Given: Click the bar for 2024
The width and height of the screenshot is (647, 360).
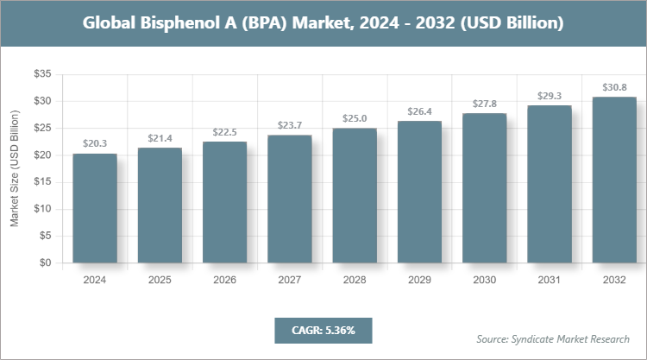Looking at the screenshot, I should tap(94, 208).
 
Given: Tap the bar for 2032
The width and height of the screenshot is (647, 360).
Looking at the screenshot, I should tap(614, 180).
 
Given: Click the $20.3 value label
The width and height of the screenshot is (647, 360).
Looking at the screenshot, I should tap(94, 144).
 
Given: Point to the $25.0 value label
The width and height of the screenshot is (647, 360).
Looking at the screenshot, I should tap(355, 118).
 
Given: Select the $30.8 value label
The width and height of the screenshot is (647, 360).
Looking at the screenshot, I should tap(614, 87).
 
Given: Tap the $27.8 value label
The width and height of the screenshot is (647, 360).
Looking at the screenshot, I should tap(484, 104).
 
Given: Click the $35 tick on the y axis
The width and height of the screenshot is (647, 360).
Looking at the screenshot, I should tap(41, 75).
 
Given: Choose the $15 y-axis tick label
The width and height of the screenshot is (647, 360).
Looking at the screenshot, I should tap(41, 182).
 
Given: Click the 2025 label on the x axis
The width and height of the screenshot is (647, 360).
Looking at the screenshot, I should tap(160, 280).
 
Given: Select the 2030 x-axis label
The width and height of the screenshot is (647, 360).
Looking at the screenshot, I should tap(484, 280).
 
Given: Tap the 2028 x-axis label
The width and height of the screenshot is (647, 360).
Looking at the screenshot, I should tap(355, 280).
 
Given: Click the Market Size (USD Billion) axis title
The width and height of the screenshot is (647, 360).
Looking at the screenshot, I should tap(15, 169).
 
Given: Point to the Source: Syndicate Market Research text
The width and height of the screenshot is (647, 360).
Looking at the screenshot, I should tap(553, 338).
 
